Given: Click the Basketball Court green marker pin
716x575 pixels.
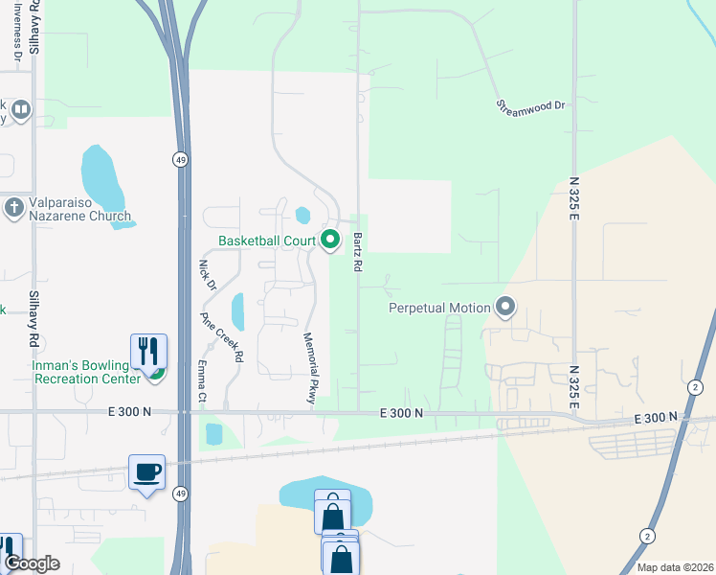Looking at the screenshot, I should point(331,240).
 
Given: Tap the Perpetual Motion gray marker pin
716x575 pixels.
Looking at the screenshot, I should point(506,308).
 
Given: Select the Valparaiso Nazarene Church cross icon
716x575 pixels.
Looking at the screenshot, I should point(13,208).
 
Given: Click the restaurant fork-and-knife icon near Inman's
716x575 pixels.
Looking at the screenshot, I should point(147,351).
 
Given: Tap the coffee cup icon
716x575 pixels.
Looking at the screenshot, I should point(147,471).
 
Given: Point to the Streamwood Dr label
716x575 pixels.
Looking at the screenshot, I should point(531,105).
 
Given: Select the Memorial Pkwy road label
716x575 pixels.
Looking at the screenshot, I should point(309,369).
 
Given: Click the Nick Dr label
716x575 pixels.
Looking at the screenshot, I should point(206,275).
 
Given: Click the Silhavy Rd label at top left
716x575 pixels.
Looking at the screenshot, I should point(34,27).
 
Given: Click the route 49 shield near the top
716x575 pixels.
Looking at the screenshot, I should point(180,160).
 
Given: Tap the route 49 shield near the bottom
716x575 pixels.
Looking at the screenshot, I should point(180,494).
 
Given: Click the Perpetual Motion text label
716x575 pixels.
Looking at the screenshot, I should point(439,308).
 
